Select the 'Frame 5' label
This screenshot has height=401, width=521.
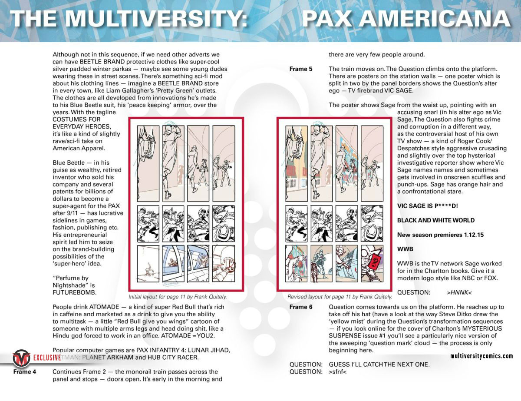click(x=301, y=69)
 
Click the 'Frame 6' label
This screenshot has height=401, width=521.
click(x=301, y=307)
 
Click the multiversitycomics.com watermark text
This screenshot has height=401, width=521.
click(x=481, y=356)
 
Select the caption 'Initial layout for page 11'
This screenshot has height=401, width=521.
click(x=178, y=297)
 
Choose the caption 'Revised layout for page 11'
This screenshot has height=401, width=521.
click(x=340, y=297)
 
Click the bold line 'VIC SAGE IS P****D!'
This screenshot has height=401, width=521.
click(x=427, y=205)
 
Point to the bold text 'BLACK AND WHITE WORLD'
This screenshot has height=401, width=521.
click(x=436, y=220)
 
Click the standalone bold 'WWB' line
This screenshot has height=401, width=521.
click(x=405, y=249)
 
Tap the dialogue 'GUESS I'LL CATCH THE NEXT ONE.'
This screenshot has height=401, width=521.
click(x=379, y=365)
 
